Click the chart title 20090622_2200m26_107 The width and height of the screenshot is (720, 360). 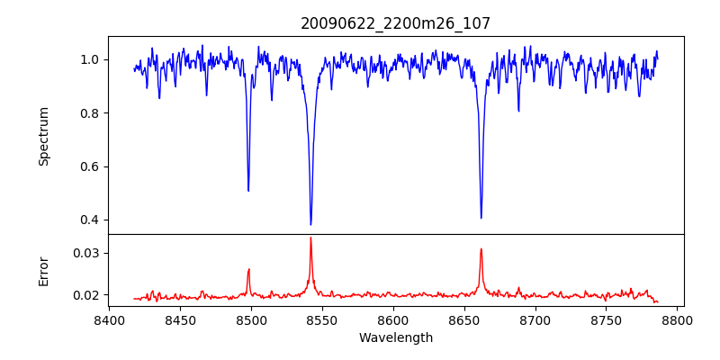(x=395, y=23)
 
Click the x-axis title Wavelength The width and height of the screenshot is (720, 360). (x=395, y=337)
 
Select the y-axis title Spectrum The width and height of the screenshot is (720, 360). (x=44, y=136)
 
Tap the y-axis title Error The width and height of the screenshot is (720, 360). (x=44, y=271)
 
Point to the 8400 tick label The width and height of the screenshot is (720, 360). (x=109, y=319)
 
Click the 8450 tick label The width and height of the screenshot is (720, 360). (x=180, y=319)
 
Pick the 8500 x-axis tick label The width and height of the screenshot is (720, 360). (x=251, y=319)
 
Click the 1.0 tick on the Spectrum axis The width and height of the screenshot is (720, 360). (x=90, y=59)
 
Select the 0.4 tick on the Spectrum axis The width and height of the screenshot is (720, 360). (x=90, y=220)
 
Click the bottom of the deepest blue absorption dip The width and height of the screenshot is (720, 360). (x=310, y=224)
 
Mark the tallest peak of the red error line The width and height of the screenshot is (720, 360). (x=310, y=238)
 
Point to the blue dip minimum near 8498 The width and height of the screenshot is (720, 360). (x=248, y=191)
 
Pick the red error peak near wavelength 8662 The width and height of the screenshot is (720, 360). (x=481, y=249)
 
